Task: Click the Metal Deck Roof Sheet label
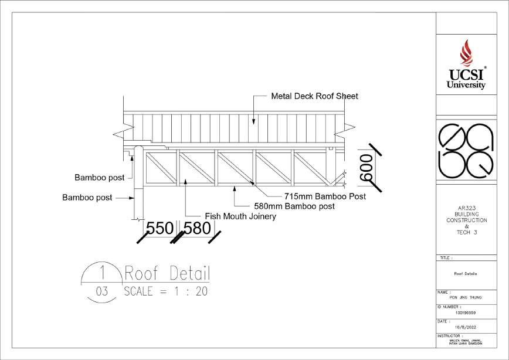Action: click(314, 96)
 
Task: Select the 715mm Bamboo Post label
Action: click(325, 196)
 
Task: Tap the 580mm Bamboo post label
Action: click(294, 206)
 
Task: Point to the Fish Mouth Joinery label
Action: click(240, 216)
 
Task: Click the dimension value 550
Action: click(160, 228)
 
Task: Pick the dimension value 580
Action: click(196, 228)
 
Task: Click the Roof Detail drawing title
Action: click(167, 273)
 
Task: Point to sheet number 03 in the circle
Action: click(102, 291)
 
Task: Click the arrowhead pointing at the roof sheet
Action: click(253, 121)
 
